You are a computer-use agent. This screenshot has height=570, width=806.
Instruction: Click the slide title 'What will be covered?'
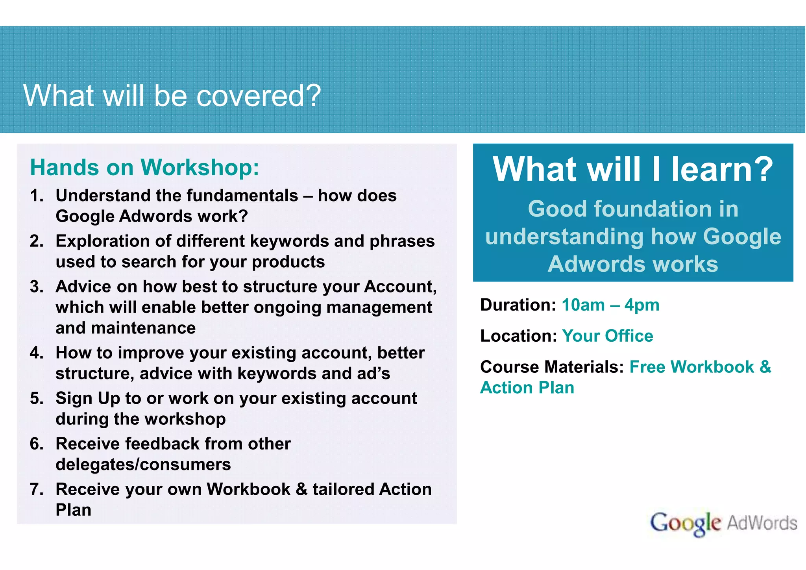pyautogui.click(x=172, y=96)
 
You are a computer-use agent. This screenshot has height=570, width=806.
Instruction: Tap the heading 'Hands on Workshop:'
pyautogui.click(x=144, y=167)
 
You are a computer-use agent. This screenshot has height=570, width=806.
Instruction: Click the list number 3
pyautogui.click(x=37, y=287)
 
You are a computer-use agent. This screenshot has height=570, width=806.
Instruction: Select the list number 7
pyautogui.click(x=37, y=489)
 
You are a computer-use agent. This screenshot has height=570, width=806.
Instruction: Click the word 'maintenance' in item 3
pyautogui.click(x=126, y=328)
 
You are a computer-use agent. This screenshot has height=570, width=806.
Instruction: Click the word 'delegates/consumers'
pyautogui.click(x=143, y=465)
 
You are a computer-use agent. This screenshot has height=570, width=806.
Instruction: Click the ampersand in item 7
pyautogui.click(x=301, y=489)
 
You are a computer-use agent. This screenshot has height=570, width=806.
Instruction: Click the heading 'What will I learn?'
pyautogui.click(x=633, y=169)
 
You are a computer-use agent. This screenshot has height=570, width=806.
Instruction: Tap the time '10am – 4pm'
pyautogui.click(x=610, y=305)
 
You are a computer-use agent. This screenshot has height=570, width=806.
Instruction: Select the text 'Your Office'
pyautogui.click(x=607, y=336)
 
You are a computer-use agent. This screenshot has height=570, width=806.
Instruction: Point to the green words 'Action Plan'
pyautogui.click(x=527, y=388)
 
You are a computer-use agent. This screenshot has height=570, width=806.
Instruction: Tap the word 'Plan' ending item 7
pyautogui.click(x=73, y=510)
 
